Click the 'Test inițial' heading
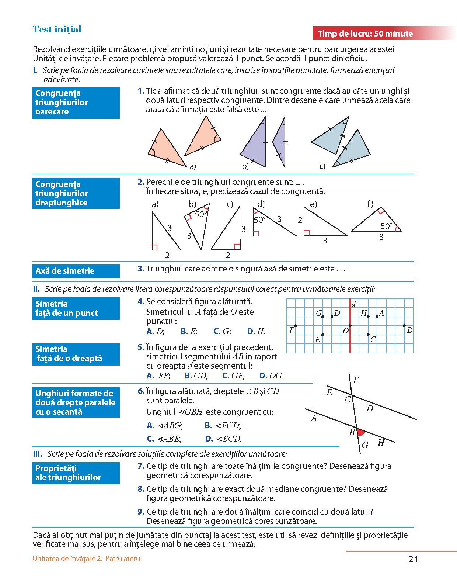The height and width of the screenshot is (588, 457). coord(57,30)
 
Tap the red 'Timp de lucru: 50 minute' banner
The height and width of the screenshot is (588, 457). coord(365,34)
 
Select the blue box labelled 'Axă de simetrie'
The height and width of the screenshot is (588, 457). coord(76,271)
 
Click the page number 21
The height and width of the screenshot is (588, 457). coord(414,559)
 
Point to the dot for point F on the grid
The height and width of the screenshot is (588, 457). coord(296,326)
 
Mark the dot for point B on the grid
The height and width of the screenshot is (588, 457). coord(404,326)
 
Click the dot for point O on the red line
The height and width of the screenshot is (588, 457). coord(350,326)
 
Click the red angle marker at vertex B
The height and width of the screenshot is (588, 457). coord(360,432)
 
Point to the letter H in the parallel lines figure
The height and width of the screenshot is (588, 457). coord(381,443)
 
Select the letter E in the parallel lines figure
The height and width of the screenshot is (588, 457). coord(329,392)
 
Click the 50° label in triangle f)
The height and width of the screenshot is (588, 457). coord(386,226)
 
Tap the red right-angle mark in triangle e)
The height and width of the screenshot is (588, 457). coord(307,233)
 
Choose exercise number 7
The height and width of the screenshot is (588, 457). coord(141,466)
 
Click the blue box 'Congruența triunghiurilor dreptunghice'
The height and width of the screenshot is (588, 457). coord(76,193)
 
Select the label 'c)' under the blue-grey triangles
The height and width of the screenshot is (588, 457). coord(322,166)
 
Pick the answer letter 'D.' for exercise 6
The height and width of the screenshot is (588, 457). coord(209,439)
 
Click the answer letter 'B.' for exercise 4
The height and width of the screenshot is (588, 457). coord(185,332)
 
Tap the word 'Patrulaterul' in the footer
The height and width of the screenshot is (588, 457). coord(123,558)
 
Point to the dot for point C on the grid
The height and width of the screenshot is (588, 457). coord(368,335)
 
